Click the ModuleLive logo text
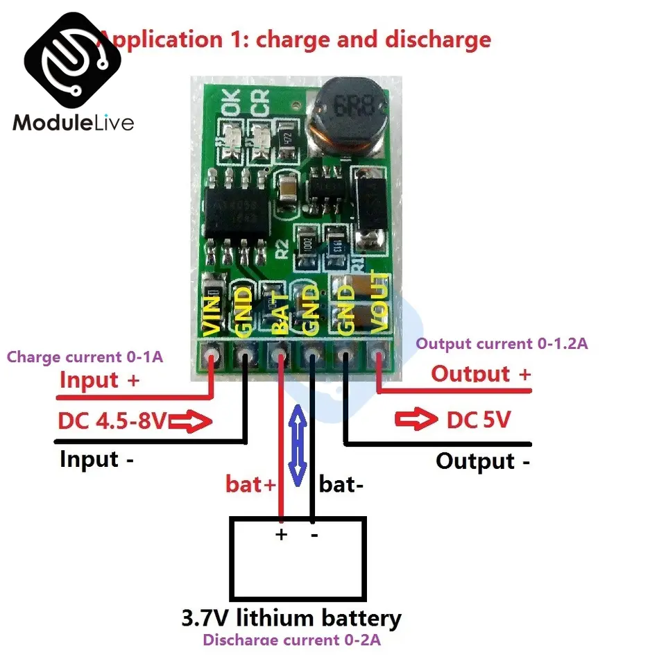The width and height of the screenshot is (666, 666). tap(73, 123)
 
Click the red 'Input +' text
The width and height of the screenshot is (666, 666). tap(99, 380)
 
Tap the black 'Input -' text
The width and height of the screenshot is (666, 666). tap(97, 459)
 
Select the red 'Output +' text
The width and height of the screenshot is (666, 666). tap(481, 374)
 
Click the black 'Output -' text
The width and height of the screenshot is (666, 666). tap(483, 461)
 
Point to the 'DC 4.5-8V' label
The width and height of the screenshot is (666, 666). tap(111, 420)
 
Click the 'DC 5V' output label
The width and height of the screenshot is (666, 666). tap(479, 420)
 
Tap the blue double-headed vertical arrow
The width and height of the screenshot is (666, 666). tap(297, 444)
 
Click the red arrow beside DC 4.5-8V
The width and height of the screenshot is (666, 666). tap(189, 421)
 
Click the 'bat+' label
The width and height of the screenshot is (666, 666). tap(250, 484)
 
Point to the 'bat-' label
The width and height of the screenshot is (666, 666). tap(341, 484)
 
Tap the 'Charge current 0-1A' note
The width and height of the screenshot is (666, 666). tap(85, 357)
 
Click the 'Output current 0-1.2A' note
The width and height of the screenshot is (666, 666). tap(502, 343)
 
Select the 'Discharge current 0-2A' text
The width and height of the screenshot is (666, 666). tap(291, 640)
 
